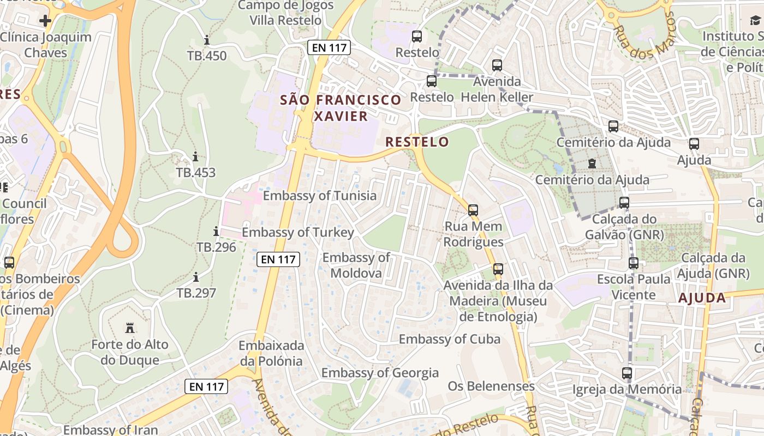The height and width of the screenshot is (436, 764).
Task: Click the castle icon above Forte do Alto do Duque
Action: tap(130, 328)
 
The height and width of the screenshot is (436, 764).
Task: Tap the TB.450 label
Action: tap(207, 56)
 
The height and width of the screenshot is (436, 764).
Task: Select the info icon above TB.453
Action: tap(195, 157)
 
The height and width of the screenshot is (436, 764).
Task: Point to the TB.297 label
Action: tap(196, 293)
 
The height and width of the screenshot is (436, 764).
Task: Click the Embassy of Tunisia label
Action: tap(320, 196)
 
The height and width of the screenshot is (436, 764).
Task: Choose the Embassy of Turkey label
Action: tap(298, 233)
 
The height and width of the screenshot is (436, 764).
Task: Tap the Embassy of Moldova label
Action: tap(356, 265)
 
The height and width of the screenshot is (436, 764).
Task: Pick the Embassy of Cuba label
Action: tap(450, 339)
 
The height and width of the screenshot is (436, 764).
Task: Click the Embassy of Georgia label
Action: tap(380, 373)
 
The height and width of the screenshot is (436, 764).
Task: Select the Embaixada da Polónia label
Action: tap(271, 353)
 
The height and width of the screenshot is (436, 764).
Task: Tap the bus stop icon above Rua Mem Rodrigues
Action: tap(473, 210)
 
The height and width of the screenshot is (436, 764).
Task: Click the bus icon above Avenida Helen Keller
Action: tap(497, 65)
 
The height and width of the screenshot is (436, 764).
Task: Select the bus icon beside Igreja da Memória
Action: tap(627, 373)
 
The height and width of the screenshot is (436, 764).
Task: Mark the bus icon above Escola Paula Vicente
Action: tap(634, 263)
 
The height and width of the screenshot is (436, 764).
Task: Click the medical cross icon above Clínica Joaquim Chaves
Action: tap(45, 21)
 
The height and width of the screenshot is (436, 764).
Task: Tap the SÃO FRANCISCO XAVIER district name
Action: tap(341, 108)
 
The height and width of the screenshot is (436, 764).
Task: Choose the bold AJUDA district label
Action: tap(702, 298)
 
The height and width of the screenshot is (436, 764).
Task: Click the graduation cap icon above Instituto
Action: tap(755, 20)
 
